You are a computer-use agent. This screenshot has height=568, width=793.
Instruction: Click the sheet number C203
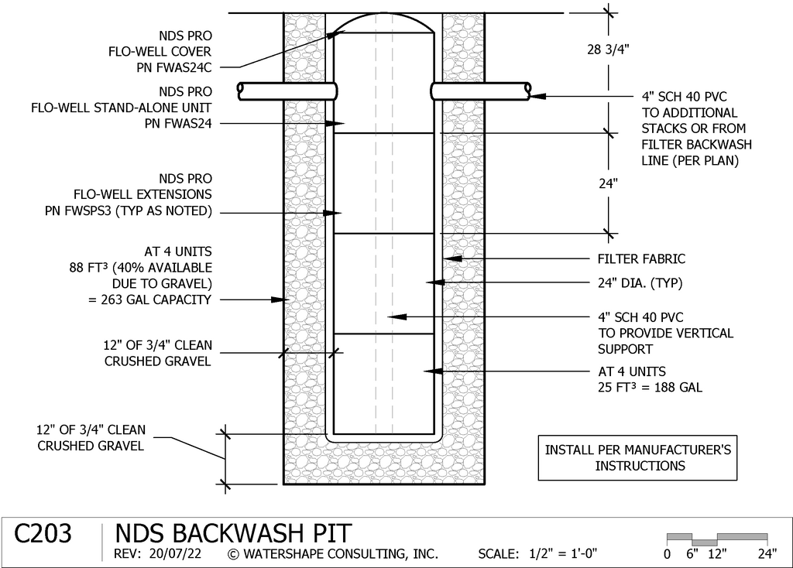click(43, 534)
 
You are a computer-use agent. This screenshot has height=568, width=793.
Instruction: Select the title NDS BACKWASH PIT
click(233, 534)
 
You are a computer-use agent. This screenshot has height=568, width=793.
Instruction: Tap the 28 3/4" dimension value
click(608, 50)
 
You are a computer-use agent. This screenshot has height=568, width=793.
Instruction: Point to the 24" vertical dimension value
click(609, 183)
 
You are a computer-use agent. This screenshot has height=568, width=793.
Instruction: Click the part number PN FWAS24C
click(174, 67)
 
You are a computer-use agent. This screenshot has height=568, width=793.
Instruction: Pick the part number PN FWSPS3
click(78, 210)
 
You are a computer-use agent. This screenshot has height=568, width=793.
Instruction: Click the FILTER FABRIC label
click(641, 259)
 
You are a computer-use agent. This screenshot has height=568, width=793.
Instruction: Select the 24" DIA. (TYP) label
click(640, 283)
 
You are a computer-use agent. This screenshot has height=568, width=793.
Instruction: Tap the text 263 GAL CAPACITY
click(156, 299)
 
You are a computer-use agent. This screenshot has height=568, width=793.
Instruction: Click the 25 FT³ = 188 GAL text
click(650, 388)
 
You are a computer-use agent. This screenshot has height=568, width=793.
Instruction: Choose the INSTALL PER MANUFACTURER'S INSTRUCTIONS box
click(638, 458)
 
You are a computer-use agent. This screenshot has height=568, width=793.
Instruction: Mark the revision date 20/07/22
click(175, 554)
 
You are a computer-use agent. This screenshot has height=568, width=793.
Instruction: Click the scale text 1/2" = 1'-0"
click(563, 554)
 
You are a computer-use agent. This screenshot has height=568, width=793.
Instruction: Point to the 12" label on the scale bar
click(717, 554)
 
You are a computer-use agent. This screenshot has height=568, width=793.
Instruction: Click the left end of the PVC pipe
click(240, 91)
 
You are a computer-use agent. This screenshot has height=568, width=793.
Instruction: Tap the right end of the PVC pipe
click(527, 91)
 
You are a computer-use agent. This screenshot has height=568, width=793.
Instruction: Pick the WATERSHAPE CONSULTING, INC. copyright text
click(333, 554)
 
